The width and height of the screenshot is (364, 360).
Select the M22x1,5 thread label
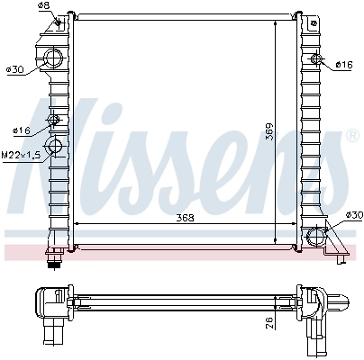[x=21, y=156]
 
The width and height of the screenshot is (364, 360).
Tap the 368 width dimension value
[x=185, y=217]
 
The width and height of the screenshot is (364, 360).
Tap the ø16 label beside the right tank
[x=343, y=65]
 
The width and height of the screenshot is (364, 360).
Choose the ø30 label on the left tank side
[x=14, y=70]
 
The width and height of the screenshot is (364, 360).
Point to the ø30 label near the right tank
[x=353, y=214]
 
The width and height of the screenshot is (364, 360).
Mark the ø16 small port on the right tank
[x=315, y=60]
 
